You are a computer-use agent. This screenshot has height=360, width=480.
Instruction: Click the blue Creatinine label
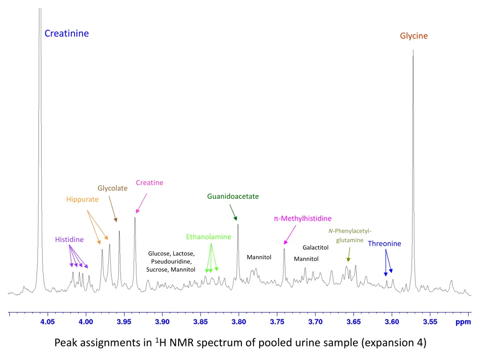pos(67,33)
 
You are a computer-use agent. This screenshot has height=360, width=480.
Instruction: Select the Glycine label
pos(413,36)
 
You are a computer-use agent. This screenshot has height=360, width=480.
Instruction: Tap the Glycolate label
pos(112,188)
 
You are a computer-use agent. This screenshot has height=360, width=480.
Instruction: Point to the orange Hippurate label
pos(82,199)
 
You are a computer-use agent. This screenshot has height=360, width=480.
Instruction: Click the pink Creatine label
pos(150,182)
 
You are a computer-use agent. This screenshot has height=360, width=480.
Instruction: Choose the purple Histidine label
pos(69,240)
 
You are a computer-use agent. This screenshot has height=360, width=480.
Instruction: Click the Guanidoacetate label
pos(233,196)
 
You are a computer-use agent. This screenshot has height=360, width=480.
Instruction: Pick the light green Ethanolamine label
pos(209,237)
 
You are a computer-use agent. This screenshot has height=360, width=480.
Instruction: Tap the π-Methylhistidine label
pos(302,218)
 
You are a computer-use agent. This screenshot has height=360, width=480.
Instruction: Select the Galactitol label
pos(315,247)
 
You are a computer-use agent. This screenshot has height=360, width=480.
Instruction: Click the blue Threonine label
pos(384,243)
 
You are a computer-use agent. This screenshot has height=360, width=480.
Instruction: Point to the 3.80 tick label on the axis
pos(239,322)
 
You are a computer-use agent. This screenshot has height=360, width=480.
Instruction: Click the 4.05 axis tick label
pos(47,322)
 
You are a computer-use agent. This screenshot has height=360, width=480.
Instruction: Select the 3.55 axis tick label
pos(430,322)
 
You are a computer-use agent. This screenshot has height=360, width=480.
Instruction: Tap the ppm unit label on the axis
pos(463,322)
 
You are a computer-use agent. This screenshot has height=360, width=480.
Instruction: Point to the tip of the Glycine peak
pos(413,51)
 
